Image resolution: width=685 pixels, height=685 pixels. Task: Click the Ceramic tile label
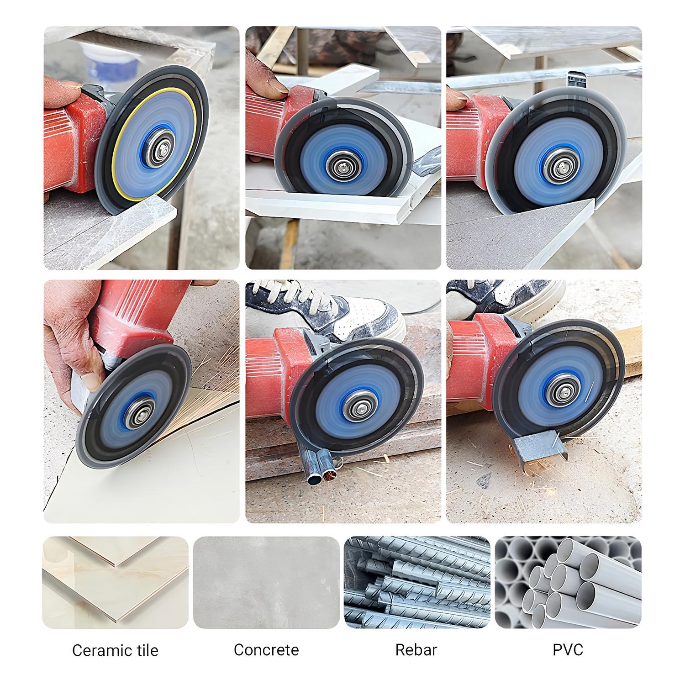pyautogui.click(x=115, y=650)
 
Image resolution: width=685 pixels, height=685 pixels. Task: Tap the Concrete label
pyautogui.click(x=266, y=649)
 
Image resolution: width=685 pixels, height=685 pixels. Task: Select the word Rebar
pyautogui.click(x=416, y=649)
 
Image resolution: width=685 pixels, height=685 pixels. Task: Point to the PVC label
pyautogui.click(x=568, y=649)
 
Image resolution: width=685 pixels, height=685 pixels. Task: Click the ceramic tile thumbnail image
pyautogui.click(x=115, y=582)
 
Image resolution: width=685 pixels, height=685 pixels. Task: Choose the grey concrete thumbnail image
pyautogui.click(x=266, y=582)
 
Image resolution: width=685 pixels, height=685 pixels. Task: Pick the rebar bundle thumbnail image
pyautogui.click(x=417, y=582)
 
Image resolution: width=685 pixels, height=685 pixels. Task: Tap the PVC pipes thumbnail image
pyautogui.click(x=568, y=582)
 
